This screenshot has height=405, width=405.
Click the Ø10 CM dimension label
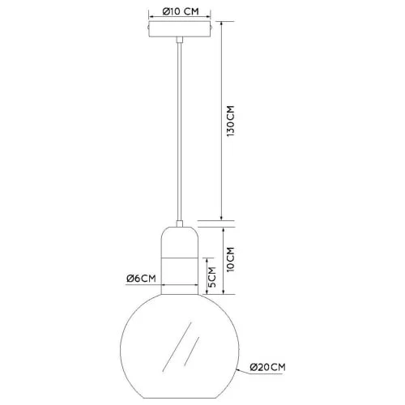181,11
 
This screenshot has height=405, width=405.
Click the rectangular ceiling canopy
181,32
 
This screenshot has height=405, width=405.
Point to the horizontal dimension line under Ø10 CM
181,19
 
